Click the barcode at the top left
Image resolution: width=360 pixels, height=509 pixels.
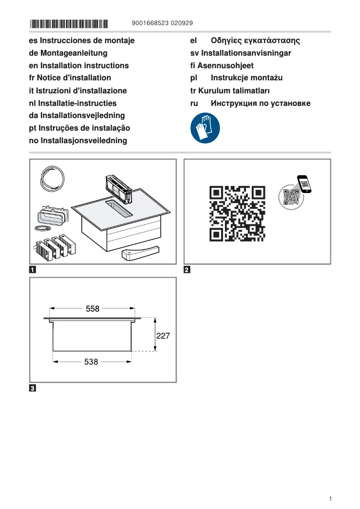(x=69, y=23)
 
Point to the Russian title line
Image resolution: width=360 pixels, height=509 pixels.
(x=250, y=103)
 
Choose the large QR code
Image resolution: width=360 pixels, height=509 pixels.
(x=237, y=214)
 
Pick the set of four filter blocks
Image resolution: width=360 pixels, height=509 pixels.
(x=55, y=246)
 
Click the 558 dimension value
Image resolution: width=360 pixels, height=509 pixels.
(x=92, y=309)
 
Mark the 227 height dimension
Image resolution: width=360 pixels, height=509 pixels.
(x=162, y=335)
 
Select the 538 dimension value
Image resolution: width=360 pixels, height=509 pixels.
(x=91, y=361)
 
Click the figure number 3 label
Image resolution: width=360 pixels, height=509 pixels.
(x=33, y=388)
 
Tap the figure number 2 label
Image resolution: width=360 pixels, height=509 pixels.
(x=187, y=270)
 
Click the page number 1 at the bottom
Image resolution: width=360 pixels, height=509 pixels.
(x=330, y=499)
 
